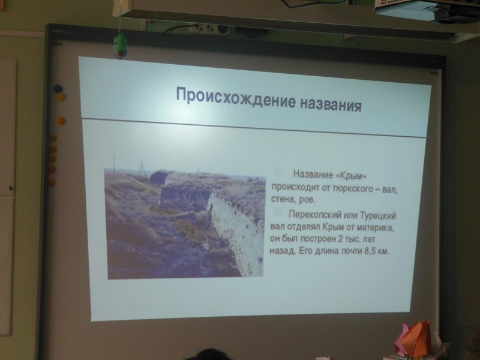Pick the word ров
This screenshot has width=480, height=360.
(x=307, y=200)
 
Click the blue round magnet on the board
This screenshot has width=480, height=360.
(x=58, y=89)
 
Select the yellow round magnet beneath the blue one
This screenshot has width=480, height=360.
(x=61, y=97)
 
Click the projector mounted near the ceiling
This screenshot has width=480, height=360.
(x=427, y=11)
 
